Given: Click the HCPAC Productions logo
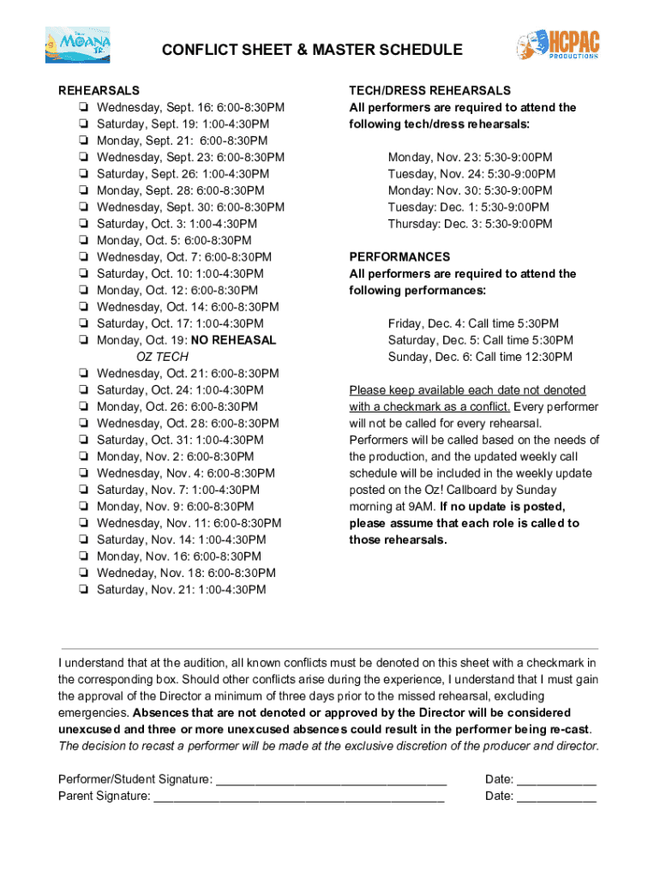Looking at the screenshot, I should coord(557,44).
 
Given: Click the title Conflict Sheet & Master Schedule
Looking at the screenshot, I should coord(313,51).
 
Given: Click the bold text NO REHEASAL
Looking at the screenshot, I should coord(233,340).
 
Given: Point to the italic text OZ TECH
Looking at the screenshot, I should coord(162,357).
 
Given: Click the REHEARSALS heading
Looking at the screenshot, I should coord(99,91).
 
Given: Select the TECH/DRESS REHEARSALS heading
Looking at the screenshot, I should coord(429,91).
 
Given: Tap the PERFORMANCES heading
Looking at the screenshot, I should coord(399,257).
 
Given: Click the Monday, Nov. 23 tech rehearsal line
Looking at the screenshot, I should coord(470,158).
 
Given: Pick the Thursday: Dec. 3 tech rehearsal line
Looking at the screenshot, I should coord(470,224).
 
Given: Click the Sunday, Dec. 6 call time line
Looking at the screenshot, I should coord(480,357).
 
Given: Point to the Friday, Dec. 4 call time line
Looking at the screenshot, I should coord(473,323).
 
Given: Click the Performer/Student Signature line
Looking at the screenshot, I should coord(331,780).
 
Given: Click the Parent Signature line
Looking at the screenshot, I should coord(298,797).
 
